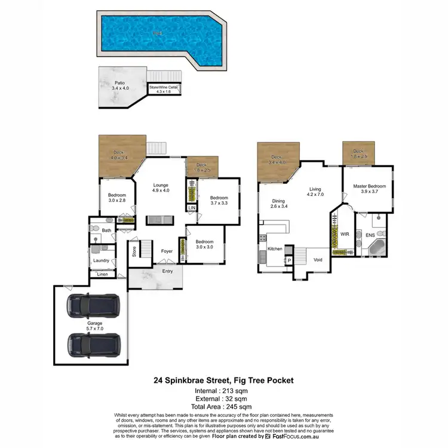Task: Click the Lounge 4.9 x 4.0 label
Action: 161,188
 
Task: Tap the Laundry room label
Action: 100,260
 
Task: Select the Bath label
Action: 106,230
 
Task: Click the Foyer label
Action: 167,251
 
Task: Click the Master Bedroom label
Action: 369,189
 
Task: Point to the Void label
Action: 318,260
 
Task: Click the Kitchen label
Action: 274,248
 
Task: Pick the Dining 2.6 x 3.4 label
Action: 278,204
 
